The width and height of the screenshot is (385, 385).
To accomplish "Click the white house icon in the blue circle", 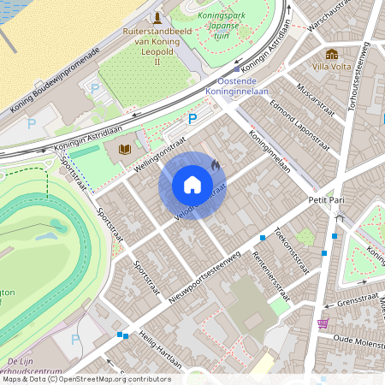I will pyautogui.click(x=192, y=185).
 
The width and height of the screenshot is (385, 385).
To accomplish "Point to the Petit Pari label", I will pyautogui.click(x=326, y=199).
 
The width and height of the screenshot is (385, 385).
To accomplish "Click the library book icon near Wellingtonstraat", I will pyautogui.click(x=123, y=149).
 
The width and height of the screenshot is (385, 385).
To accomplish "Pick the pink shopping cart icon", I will pyautogui.click(x=323, y=323).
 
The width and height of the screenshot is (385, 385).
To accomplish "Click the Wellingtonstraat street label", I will pyautogui.click(x=161, y=154).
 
